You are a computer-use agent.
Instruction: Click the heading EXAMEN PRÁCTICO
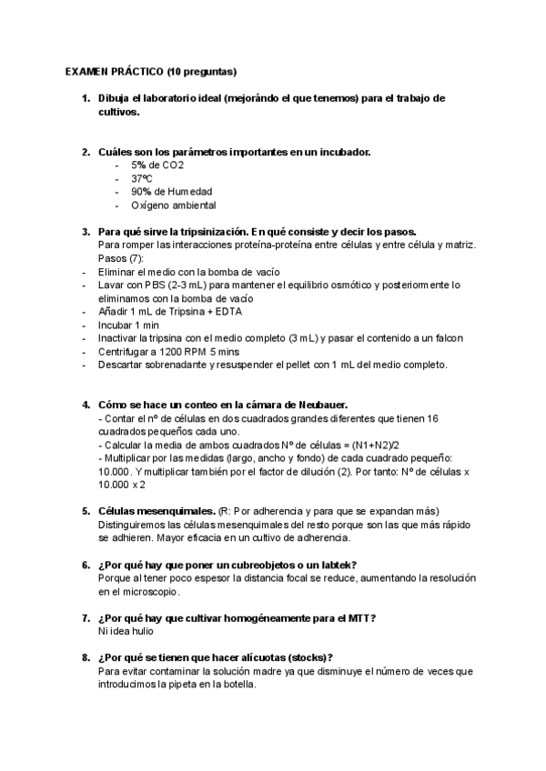point(114,70)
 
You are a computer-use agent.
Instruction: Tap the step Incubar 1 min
point(127,325)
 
